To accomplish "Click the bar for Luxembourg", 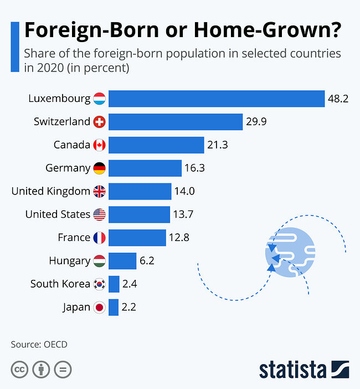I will click(216, 99).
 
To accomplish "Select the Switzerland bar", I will click(176, 122).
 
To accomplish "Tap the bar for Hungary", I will click(122, 260).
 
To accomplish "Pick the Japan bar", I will click(114, 307).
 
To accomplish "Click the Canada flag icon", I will click(100, 145).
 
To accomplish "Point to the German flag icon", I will click(100, 168).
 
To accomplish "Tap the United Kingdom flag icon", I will click(100, 191).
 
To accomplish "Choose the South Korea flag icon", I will click(100, 284).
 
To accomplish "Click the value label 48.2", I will click(338, 99).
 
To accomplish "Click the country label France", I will click(74, 237).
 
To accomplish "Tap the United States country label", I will click(58, 214).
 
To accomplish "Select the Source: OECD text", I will click(39, 344).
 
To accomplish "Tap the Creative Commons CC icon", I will click(19, 369).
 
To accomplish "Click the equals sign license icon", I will click(63, 369).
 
